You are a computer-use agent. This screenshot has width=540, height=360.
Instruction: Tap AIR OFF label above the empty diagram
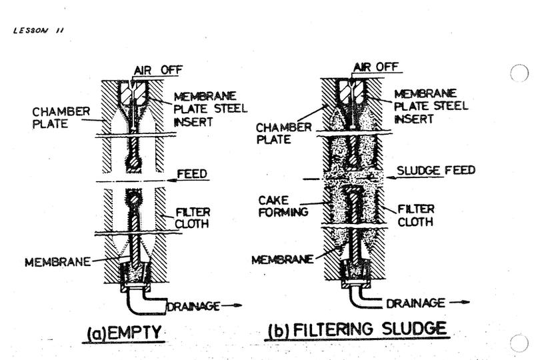pos(157,69)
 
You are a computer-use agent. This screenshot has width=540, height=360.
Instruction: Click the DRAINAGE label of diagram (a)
pos(193,307)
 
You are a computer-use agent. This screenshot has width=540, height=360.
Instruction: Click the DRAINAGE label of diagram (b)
pos(415,304)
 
